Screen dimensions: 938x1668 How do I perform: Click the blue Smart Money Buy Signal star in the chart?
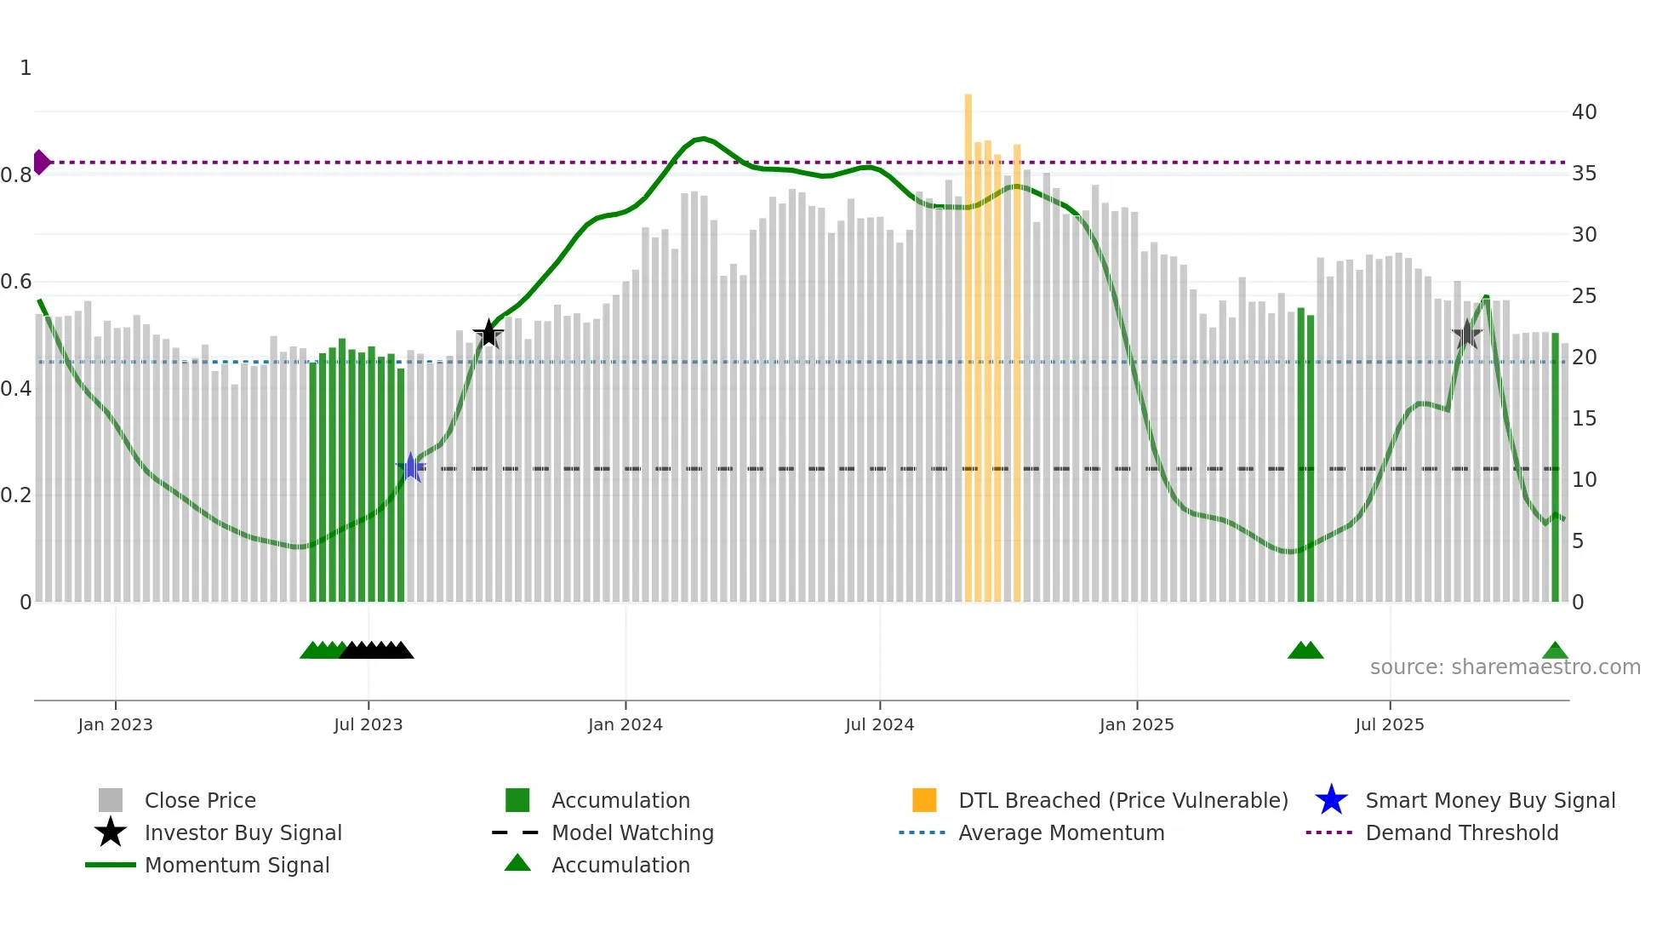click(x=411, y=466)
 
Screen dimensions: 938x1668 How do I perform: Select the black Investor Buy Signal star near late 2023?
click(x=488, y=334)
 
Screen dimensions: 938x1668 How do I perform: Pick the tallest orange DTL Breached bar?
click(x=968, y=340)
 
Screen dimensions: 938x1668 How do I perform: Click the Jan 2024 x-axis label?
click(x=625, y=724)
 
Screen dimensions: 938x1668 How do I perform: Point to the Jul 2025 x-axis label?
click(x=1389, y=724)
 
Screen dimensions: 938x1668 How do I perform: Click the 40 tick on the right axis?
click(x=1584, y=112)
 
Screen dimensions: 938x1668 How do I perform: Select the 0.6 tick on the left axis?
click(x=16, y=281)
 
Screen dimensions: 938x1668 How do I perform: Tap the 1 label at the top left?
click(x=26, y=67)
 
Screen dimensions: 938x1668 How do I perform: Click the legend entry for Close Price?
click(x=200, y=800)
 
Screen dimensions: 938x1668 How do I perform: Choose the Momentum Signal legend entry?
click(x=237, y=865)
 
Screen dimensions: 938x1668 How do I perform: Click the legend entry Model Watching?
click(x=632, y=832)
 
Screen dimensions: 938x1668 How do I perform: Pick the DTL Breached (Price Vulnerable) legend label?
click(x=1122, y=800)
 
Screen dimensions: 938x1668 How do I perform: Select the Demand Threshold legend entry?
click(x=1461, y=832)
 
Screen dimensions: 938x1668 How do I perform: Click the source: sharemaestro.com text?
click(x=1505, y=666)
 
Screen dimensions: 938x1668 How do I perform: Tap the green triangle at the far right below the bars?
click(x=1555, y=651)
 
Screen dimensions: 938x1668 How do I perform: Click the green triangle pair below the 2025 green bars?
click(x=1305, y=651)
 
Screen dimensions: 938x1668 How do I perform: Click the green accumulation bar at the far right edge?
click(x=1555, y=468)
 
